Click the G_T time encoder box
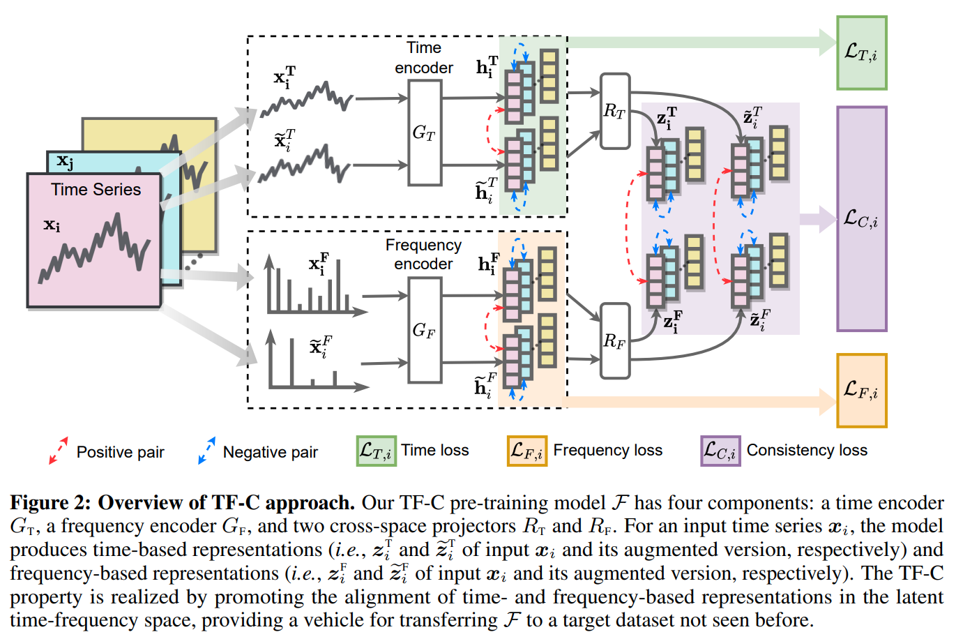[x=425, y=133]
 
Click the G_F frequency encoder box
[x=425, y=330]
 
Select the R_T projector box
[x=615, y=111]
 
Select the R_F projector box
[x=615, y=340]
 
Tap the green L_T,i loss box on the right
[x=861, y=53]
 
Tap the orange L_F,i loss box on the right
[x=861, y=390]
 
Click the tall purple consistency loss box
[x=861, y=219]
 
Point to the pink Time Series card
[x=94, y=241]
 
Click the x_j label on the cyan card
[x=65, y=161]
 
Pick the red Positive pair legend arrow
[x=59, y=451]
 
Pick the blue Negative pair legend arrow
[x=206, y=451]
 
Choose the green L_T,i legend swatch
[x=376, y=451]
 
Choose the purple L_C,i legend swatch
[x=720, y=451]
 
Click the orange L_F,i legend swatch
[x=526, y=451]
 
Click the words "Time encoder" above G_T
[x=424, y=58]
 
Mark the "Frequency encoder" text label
[x=423, y=255]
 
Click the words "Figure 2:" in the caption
[x=51, y=502]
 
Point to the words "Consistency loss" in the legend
[x=807, y=451]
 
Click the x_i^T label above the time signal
[x=284, y=76]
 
